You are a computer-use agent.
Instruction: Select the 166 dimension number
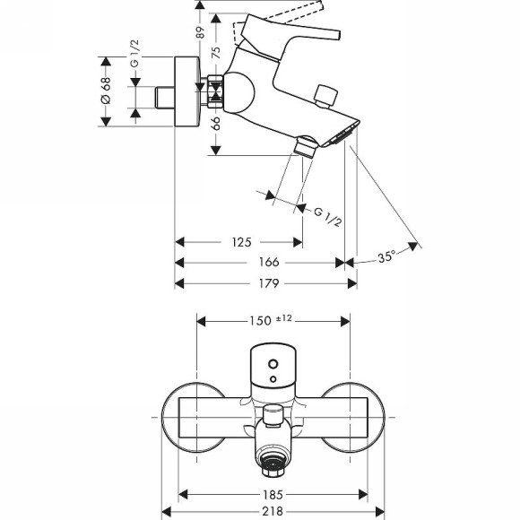pos(269,263)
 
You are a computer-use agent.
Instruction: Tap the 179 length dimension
pos(269,283)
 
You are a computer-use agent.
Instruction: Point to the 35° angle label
pos(386,257)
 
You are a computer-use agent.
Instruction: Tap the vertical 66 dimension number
pos(215,123)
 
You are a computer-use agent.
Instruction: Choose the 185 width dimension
pos(274,494)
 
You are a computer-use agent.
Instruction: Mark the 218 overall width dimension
pos(274,512)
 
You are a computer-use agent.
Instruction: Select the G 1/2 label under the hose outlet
pos(327,215)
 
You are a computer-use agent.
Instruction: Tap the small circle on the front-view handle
pos(273,365)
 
